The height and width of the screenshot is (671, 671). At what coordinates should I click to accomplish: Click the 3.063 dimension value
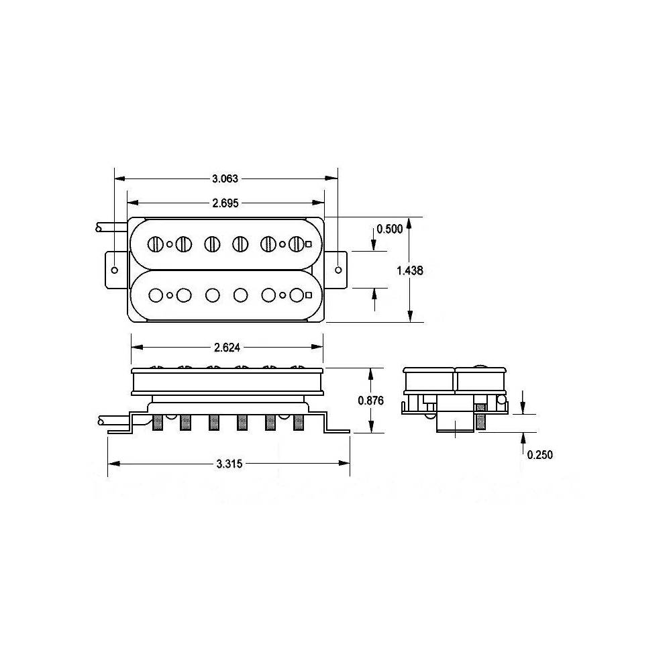(x=225, y=178)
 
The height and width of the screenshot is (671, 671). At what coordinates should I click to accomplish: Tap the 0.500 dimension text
(x=389, y=229)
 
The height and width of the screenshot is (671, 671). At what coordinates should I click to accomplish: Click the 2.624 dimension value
(x=227, y=347)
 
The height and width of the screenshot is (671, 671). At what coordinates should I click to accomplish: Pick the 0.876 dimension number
(x=371, y=400)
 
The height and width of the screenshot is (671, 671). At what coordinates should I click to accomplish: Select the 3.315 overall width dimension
(x=229, y=464)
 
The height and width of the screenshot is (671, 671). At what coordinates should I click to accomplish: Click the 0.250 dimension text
(x=539, y=454)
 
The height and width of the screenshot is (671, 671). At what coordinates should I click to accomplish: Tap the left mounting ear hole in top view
(x=115, y=270)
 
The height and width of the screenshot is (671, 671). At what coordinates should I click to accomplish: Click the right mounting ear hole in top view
(x=338, y=270)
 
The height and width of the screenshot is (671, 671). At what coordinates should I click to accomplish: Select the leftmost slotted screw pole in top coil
(x=156, y=244)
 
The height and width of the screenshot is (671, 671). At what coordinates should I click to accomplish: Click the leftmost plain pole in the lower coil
(x=156, y=295)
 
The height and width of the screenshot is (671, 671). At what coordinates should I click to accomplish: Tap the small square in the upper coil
(x=308, y=244)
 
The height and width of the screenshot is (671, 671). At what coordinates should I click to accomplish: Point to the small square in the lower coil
(x=308, y=295)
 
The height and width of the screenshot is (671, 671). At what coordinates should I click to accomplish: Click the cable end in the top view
(x=99, y=229)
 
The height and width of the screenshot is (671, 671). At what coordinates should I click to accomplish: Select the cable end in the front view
(x=99, y=420)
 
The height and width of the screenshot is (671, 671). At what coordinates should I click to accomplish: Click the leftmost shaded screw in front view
(x=158, y=423)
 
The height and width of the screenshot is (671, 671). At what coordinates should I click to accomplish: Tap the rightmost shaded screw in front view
(x=298, y=423)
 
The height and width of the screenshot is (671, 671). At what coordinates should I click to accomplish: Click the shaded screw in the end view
(x=480, y=418)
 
